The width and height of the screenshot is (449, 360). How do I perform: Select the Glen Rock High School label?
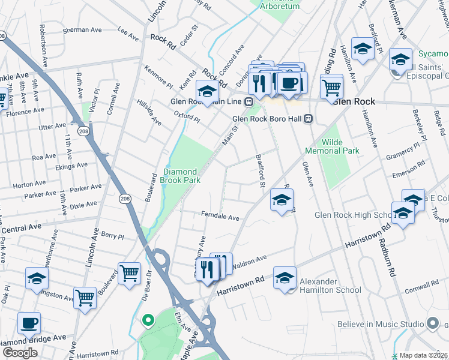[354, 215]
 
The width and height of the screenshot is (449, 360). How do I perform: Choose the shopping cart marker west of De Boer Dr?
[130, 274]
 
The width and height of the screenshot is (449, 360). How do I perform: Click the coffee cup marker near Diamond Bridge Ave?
[29, 323]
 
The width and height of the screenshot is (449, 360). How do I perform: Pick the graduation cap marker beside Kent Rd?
[207, 92]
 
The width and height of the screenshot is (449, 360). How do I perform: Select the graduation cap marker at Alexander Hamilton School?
[285, 278]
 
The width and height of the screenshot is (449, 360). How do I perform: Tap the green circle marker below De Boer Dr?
[146, 320]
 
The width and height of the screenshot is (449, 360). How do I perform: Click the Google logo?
[20, 353]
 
